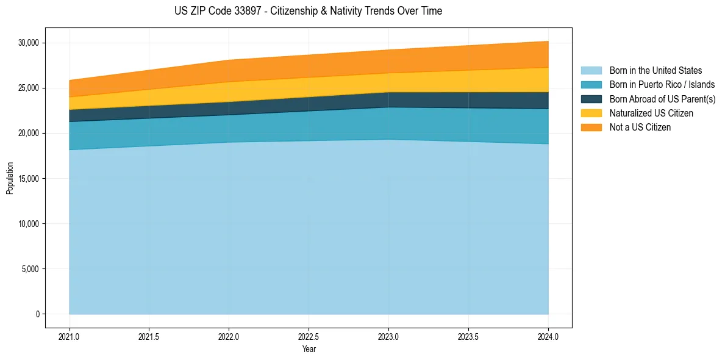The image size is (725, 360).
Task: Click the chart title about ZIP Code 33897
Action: tap(308, 11)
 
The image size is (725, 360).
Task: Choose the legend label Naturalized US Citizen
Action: tap(651, 113)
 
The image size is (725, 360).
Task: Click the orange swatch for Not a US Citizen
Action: tap(591, 127)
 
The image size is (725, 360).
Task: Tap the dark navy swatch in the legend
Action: tap(591, 99)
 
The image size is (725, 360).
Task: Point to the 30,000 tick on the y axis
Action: tap(29, 43)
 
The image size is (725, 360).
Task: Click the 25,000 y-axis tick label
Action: tap(29, 88)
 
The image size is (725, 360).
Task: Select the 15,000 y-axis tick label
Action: tap(29, 179)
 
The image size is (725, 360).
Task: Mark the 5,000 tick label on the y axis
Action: tap(30, 269)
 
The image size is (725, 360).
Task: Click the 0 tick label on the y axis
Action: tap(37, 314)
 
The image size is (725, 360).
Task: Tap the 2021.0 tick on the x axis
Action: tap(70, 336)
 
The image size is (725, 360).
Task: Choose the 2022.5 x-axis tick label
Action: tap(309, 336)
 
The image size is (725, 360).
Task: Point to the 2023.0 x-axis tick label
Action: tap(388, 336)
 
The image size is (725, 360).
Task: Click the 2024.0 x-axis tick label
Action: tap(548, 336)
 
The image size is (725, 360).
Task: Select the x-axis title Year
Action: tap(309, 350)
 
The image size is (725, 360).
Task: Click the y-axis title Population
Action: tap(10, 178)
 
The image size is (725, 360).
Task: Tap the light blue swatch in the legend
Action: tap(591, 71)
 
